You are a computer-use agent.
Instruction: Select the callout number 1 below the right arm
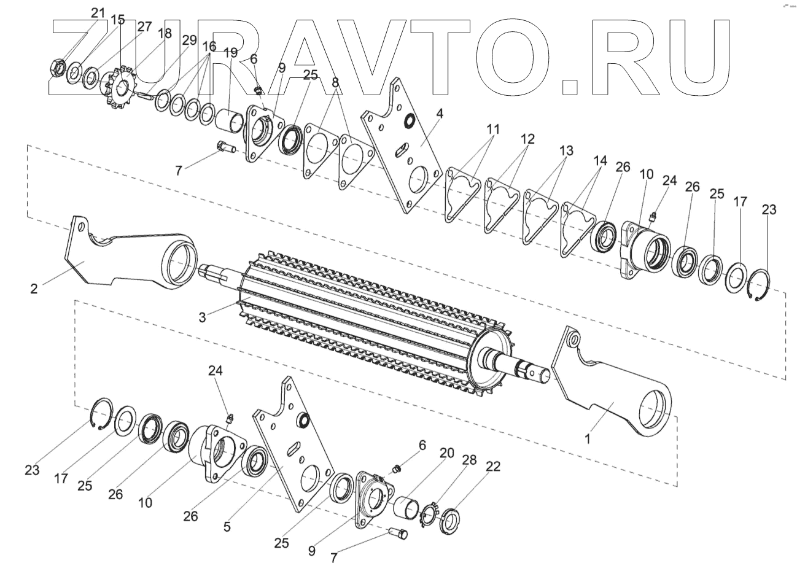click(588, 440)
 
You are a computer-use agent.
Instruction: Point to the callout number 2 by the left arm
click(34, 288)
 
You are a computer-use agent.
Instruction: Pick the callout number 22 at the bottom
click(492, 467)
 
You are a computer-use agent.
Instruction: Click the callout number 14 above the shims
click(600, 161)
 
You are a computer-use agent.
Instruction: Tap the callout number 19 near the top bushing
click(230, 53)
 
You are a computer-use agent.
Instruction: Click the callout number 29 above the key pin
click(189, 40)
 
